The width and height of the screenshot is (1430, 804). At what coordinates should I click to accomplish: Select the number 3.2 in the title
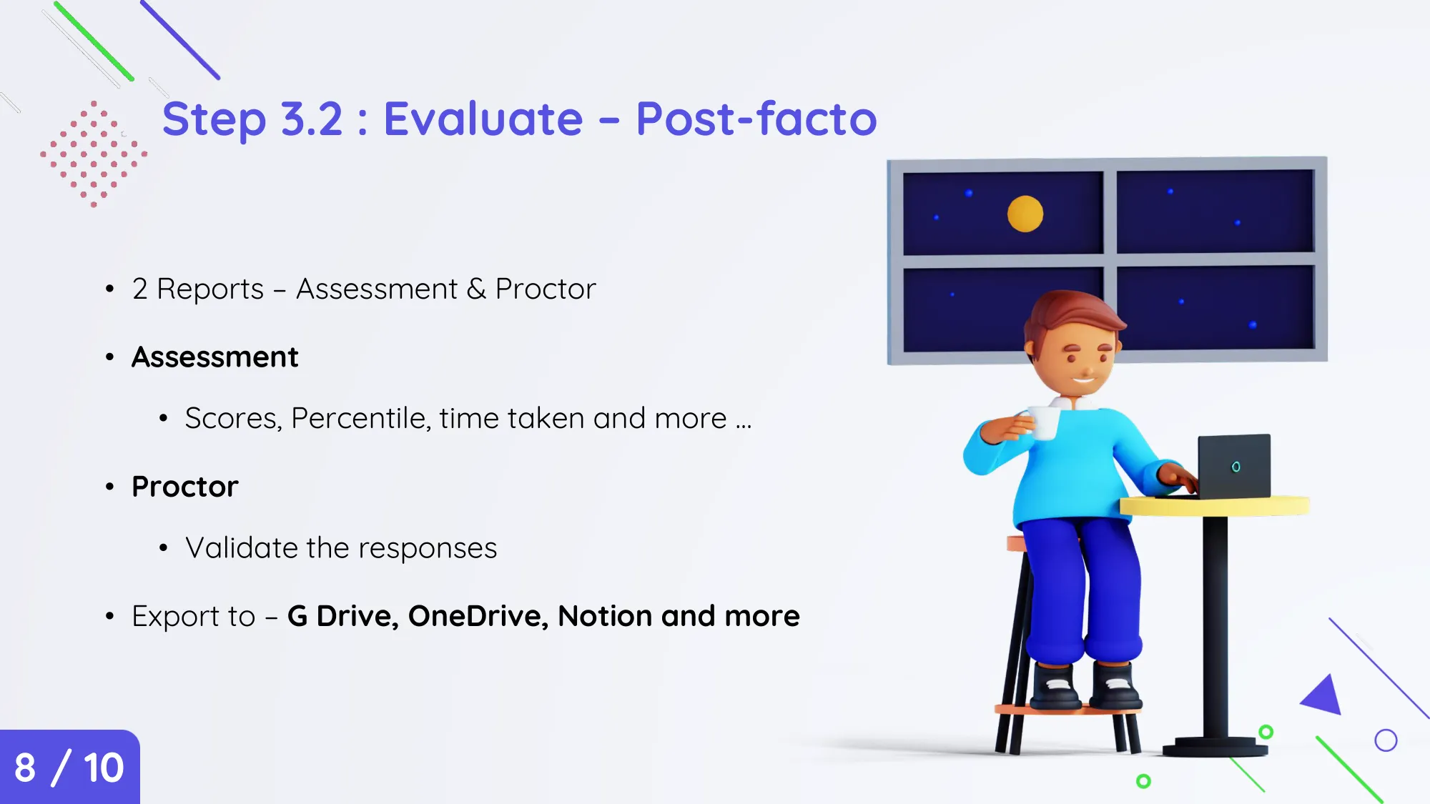pyautogui.click(x=312, y=119)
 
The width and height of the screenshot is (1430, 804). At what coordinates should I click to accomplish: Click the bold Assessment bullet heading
pyautogui.click(x=214, y=357)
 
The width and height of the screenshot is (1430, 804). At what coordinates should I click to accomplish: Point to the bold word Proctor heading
pyautogui.click(x=184, y=487)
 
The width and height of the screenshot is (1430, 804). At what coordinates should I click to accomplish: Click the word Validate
pyautogui.click(x=242, y=548)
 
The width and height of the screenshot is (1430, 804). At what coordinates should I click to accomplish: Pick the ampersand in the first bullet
pyautogui.click(x=476, y=289)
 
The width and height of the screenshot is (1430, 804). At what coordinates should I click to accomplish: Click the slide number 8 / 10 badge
pyautogui.click(x=69, y=767)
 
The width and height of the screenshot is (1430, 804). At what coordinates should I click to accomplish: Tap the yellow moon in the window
pyautogui.click(x=1025, y=214)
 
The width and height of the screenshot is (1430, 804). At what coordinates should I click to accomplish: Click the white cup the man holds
pyautogui.click(x=1044, y=422)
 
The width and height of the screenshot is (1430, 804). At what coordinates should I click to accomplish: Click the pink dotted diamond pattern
pyautogui.click(x=94, y=154)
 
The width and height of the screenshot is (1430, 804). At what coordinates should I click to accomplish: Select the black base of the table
pyautogui.click(x=1215, y=747)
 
